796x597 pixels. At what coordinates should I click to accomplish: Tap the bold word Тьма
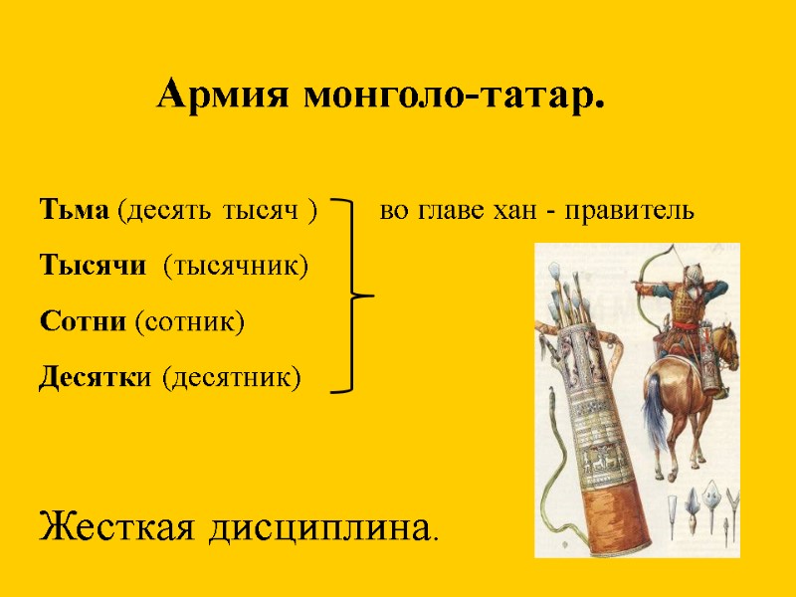coord(76,211)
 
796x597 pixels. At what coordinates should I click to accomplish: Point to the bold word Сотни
coord(83,321)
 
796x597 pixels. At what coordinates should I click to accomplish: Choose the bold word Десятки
coord(97,377)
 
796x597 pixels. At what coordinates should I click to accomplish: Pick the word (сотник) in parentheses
coord(189,321)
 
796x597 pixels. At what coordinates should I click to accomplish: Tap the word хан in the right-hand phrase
coord(514,211)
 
